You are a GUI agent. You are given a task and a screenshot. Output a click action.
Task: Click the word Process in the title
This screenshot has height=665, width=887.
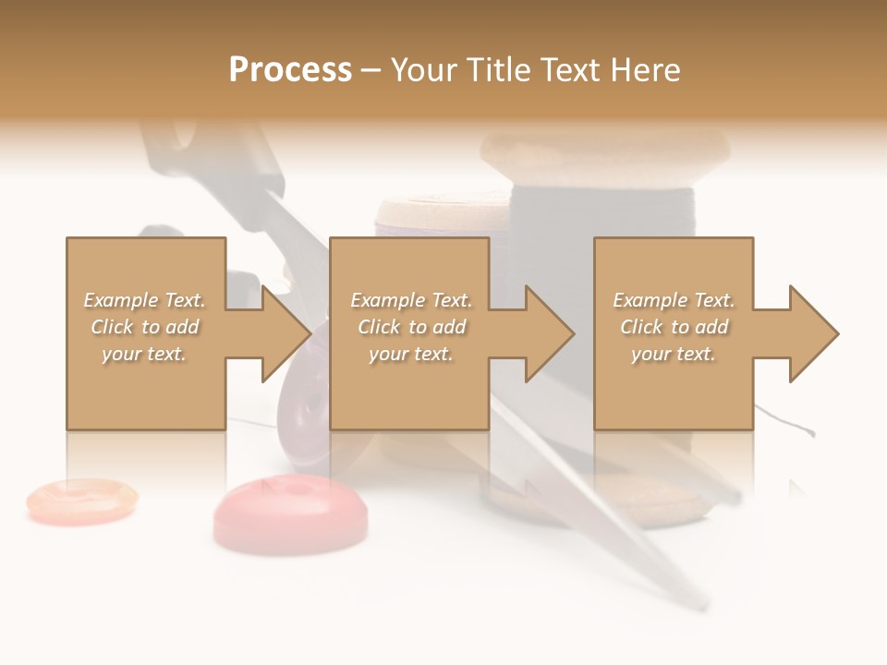click(x=290, y=70)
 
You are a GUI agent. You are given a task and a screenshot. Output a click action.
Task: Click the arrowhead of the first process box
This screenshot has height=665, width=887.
click(x=286, y=333)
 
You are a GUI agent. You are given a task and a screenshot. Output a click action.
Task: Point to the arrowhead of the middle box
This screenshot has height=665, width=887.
click(x=550, y=333)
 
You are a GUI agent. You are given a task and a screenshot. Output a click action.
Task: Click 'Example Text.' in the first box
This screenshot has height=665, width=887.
click(x=145, y=300)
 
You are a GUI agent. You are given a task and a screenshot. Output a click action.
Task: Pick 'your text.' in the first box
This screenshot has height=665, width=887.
click(x=145, y=354)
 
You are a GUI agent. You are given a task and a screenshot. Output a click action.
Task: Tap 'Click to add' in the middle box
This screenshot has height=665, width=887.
click(x=411, y=327)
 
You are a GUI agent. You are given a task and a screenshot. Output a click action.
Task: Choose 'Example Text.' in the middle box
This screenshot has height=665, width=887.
click(x=411, y=300)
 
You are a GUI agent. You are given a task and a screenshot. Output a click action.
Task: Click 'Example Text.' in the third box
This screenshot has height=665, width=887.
click(x=674, y=300)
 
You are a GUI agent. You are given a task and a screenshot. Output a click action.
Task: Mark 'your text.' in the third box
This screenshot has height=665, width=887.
click(x=674, y=354)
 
